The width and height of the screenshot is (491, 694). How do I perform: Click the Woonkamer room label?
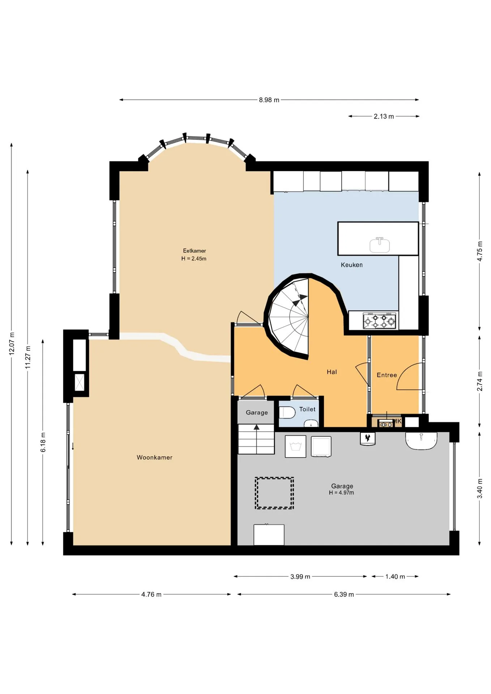[154, 457]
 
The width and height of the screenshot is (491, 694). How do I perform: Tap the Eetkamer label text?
[194, 250]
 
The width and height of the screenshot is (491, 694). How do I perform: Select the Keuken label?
[351, 265]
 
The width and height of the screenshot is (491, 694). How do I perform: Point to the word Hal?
[332, 372]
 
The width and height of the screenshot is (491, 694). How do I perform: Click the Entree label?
[387, 375]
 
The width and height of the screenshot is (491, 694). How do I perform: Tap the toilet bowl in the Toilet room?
[287, 412]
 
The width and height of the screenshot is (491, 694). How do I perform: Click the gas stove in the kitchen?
[379, 321]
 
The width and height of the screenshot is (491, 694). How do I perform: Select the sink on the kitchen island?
[379, 245]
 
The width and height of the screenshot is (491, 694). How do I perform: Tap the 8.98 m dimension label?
[269, 100]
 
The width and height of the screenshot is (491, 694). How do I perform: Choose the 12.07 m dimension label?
[12, 343]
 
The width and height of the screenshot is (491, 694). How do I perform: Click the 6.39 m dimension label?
[344, 594]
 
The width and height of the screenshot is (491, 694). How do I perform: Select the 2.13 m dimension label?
[384, 116]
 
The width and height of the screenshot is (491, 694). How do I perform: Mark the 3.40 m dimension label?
[480, 488]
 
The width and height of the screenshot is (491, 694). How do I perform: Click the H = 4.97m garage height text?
[341, 493]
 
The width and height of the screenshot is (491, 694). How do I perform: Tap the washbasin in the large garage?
[421, 441]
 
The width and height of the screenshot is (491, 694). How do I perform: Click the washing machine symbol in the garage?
[295, 446]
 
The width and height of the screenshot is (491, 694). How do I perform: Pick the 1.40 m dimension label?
[395, 577]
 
